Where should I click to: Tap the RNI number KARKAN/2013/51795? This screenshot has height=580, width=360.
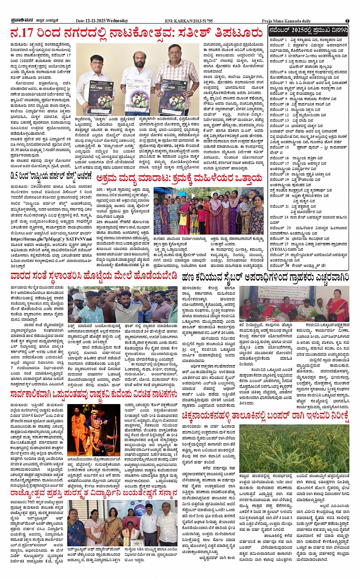(x=194, y=21)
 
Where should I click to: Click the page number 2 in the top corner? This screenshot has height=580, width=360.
(x=347, y=21)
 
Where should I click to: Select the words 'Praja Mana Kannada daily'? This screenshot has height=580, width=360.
(x=286, y=21)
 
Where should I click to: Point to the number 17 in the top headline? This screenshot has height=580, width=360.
(x=26, y=33)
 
